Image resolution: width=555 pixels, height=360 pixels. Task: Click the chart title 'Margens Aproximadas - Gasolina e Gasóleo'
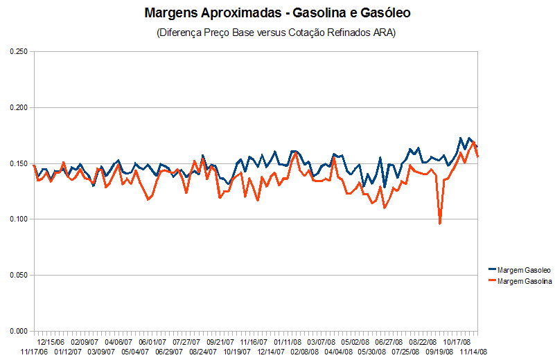click(277, 13)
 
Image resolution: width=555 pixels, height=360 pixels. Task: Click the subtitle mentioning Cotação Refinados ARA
click(277, 33)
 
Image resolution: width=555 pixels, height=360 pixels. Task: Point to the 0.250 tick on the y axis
click(17, 52)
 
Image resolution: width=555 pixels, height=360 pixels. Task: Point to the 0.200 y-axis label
click(17, 108)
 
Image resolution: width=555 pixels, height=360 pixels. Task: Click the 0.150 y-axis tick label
click(17, 164)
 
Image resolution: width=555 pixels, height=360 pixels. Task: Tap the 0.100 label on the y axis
click(17, 219)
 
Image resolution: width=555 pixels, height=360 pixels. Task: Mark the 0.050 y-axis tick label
click(17, 276)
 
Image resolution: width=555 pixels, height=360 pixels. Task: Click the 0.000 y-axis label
click(17, 331)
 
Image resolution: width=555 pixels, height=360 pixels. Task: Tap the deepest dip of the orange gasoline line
click(440, 224)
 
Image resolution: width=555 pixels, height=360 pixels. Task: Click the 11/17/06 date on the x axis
click(35, 352)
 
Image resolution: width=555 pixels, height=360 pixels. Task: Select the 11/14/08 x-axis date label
click(475, 352)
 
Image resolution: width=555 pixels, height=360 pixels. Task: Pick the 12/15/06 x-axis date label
click(51, 341)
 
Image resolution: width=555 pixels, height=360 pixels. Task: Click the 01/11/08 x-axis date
click(288, 341)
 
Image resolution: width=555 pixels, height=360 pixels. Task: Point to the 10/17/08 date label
click(457, 341)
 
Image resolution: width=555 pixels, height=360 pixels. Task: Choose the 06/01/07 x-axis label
click(152, 341)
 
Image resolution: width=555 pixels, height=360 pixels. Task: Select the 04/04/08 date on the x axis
click(339, 352)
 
